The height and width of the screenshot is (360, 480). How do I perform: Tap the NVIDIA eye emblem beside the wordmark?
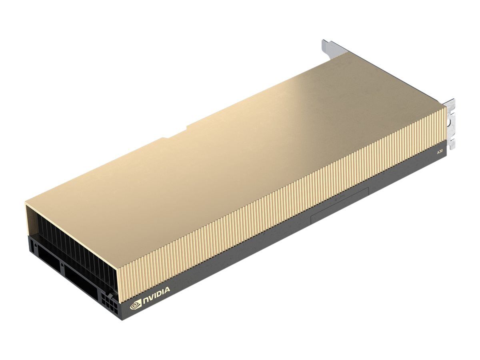136,304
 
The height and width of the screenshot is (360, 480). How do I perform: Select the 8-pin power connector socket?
110,304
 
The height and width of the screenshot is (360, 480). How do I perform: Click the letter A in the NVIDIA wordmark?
167,290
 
